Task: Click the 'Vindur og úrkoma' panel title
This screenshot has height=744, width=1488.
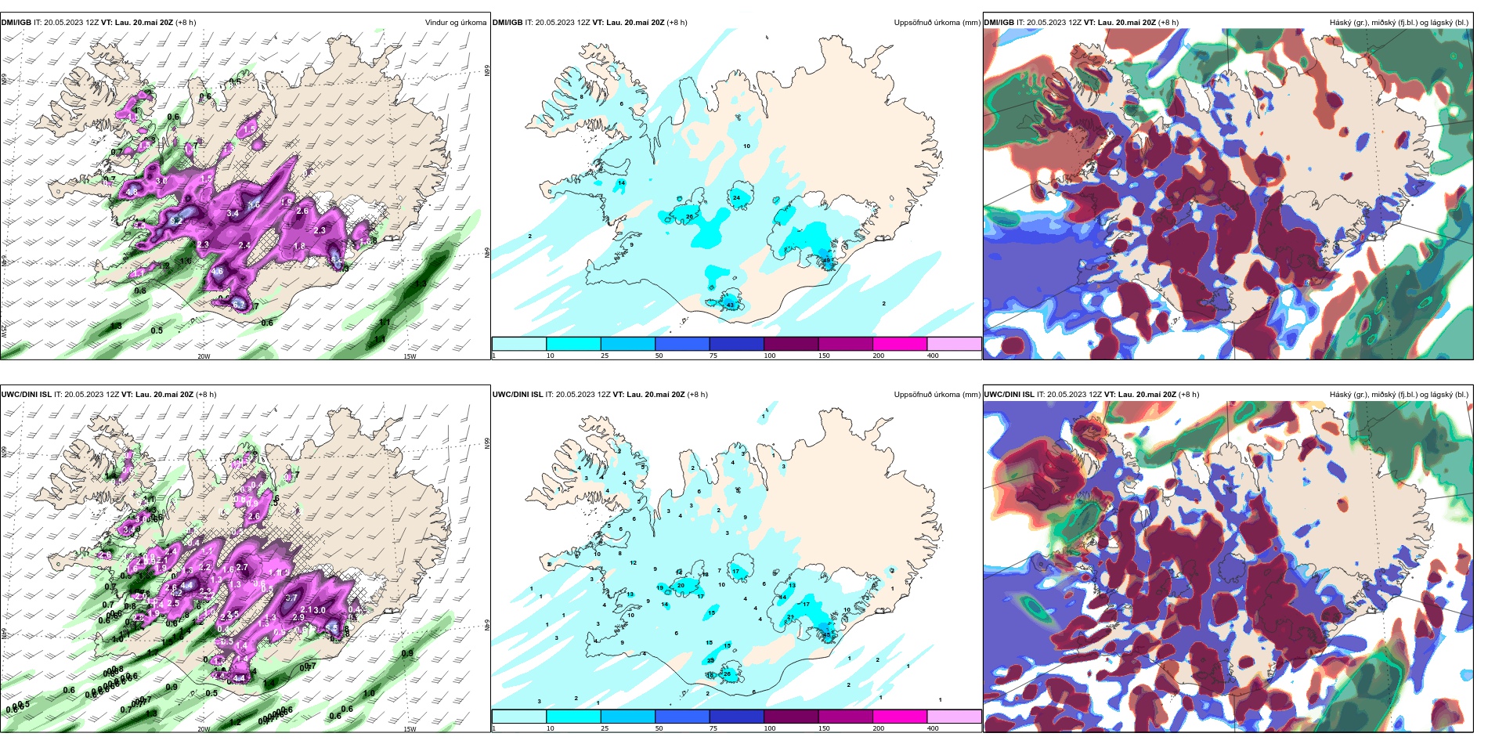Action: point(455,23)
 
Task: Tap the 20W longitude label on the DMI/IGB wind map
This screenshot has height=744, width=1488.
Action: point(204,356)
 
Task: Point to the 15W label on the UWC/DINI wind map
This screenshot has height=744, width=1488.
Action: point(409,728)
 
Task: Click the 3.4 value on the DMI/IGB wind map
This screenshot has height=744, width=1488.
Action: point(233,213)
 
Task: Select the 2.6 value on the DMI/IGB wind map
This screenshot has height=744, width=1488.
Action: point(302,211)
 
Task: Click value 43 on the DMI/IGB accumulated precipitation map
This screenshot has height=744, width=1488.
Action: point(731,305)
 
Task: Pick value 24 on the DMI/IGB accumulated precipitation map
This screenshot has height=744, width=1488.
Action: point(736,198)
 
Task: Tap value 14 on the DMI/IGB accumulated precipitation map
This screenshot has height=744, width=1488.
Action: point(621,183)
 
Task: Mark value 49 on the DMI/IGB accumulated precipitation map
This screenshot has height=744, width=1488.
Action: point(826,260)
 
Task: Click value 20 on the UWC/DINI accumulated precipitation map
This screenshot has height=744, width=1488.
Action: point(681,585)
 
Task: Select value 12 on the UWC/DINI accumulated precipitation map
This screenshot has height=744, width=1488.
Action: point(633,562)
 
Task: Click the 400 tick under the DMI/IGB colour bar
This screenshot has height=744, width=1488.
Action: point(933,356)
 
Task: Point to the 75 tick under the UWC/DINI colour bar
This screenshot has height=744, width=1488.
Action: point(713,728)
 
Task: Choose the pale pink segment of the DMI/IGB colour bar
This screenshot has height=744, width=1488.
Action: point(954,344)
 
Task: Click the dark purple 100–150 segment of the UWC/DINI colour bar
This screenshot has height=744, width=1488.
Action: point(791,717)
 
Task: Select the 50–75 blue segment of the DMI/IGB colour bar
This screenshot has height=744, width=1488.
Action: point(682,344)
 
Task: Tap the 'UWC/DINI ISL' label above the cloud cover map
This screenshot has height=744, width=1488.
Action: point(1009,395)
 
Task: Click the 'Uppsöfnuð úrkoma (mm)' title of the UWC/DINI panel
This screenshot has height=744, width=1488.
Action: point(937,395)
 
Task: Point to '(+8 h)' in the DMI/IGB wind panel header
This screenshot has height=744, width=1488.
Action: point(186,23)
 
